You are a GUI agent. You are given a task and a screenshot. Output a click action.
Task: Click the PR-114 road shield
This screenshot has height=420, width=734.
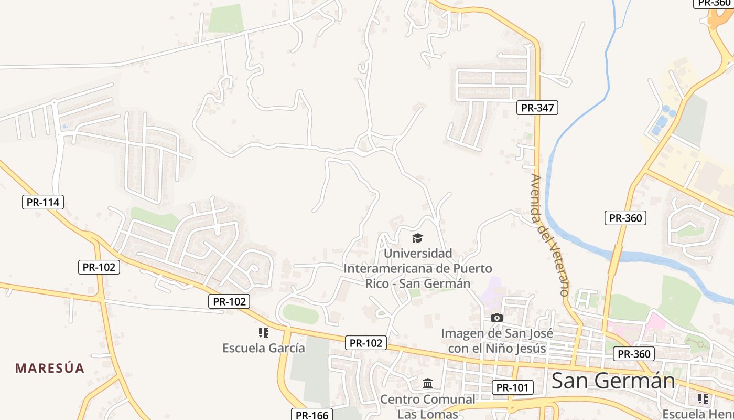pos(43,202)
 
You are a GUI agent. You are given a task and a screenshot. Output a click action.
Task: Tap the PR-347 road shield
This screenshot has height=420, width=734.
pos(537,108)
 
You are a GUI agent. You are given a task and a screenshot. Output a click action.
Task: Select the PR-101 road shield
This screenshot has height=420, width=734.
pos(513,388)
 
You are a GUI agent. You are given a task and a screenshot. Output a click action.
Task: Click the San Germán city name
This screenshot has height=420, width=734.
pos(613,381)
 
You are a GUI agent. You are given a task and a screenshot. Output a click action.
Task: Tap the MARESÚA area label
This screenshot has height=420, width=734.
pos(50,368)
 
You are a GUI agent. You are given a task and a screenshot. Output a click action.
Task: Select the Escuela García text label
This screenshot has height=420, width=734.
pos(263,348)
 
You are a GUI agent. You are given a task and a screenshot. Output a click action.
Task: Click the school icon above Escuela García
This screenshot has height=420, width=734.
pos(263,332)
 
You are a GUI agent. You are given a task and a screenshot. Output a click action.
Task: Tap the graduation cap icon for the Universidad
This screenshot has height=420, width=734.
pos(417,238)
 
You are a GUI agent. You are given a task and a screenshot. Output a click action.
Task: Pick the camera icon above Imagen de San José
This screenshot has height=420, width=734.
pos(496,318)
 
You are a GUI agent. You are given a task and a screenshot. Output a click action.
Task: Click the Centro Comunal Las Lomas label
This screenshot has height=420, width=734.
pos(427,406)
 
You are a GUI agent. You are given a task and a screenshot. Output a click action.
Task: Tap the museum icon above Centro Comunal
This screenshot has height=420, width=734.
pos(427,383)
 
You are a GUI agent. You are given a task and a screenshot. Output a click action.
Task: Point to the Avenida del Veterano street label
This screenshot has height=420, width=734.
pos(550,235)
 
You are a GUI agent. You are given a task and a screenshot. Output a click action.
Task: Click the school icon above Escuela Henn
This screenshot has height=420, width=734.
pos(703,399)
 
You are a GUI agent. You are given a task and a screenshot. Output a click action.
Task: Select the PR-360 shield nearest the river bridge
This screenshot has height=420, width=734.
pos(625,218)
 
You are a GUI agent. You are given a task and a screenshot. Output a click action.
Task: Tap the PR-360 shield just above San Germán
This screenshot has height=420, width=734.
pos(634,354)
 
